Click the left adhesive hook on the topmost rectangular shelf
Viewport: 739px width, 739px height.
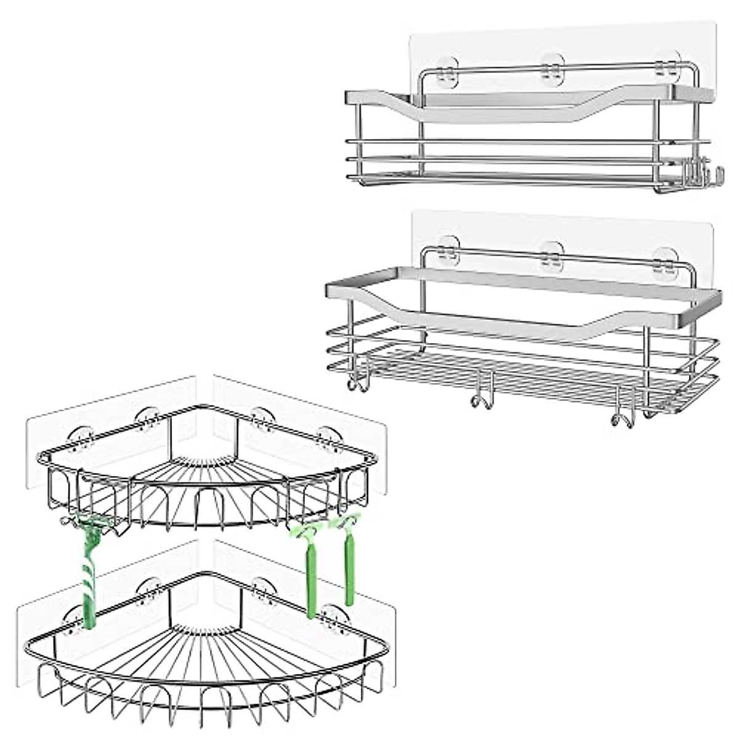[446, 66]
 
